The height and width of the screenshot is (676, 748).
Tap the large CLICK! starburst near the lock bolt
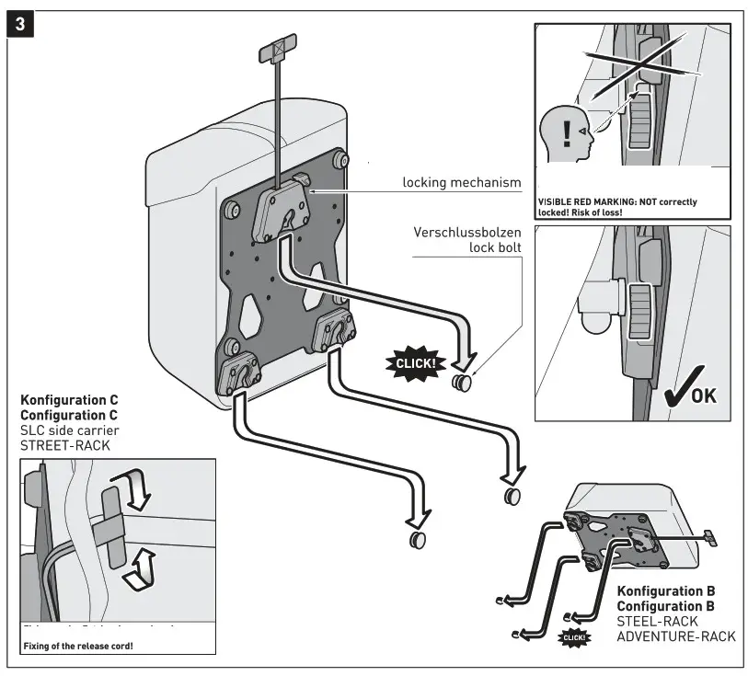point(416,362)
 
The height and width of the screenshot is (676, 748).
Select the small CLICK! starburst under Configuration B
point(574,636)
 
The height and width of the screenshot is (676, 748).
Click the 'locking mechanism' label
point(462,182)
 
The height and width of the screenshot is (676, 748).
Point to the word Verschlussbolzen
point(467,232)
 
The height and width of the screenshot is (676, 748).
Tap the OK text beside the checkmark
point(703,396)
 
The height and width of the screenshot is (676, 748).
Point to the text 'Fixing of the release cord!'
point(78,645)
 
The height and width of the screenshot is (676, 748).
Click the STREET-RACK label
point(65,446)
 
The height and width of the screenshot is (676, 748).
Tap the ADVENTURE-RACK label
point(676,636)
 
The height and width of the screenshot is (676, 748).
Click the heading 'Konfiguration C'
point(69,401)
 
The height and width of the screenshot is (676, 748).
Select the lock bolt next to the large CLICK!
point(460,382)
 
